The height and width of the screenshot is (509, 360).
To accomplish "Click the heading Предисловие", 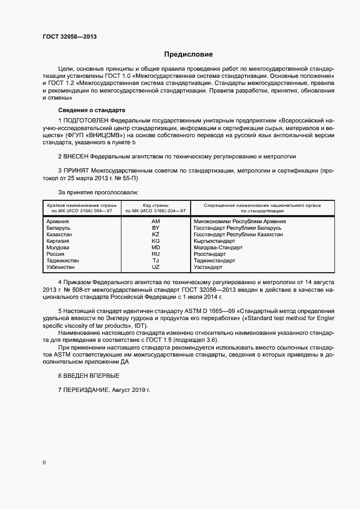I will coord(188,54).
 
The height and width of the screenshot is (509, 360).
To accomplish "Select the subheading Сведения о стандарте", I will coord(84,109).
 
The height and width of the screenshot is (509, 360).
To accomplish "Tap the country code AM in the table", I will coord(155,222).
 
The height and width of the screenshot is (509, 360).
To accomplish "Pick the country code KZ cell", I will coord(155,234).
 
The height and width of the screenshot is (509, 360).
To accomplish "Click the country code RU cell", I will coord(155,254).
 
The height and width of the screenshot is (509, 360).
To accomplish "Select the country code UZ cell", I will coord(155,267).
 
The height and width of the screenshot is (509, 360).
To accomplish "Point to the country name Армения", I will coord(58,222).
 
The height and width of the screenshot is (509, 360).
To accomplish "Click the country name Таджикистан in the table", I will coord(63,260).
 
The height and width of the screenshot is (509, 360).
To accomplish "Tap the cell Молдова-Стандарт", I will coord(218,247).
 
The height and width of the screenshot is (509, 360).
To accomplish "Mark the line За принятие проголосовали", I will coord(98,192).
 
